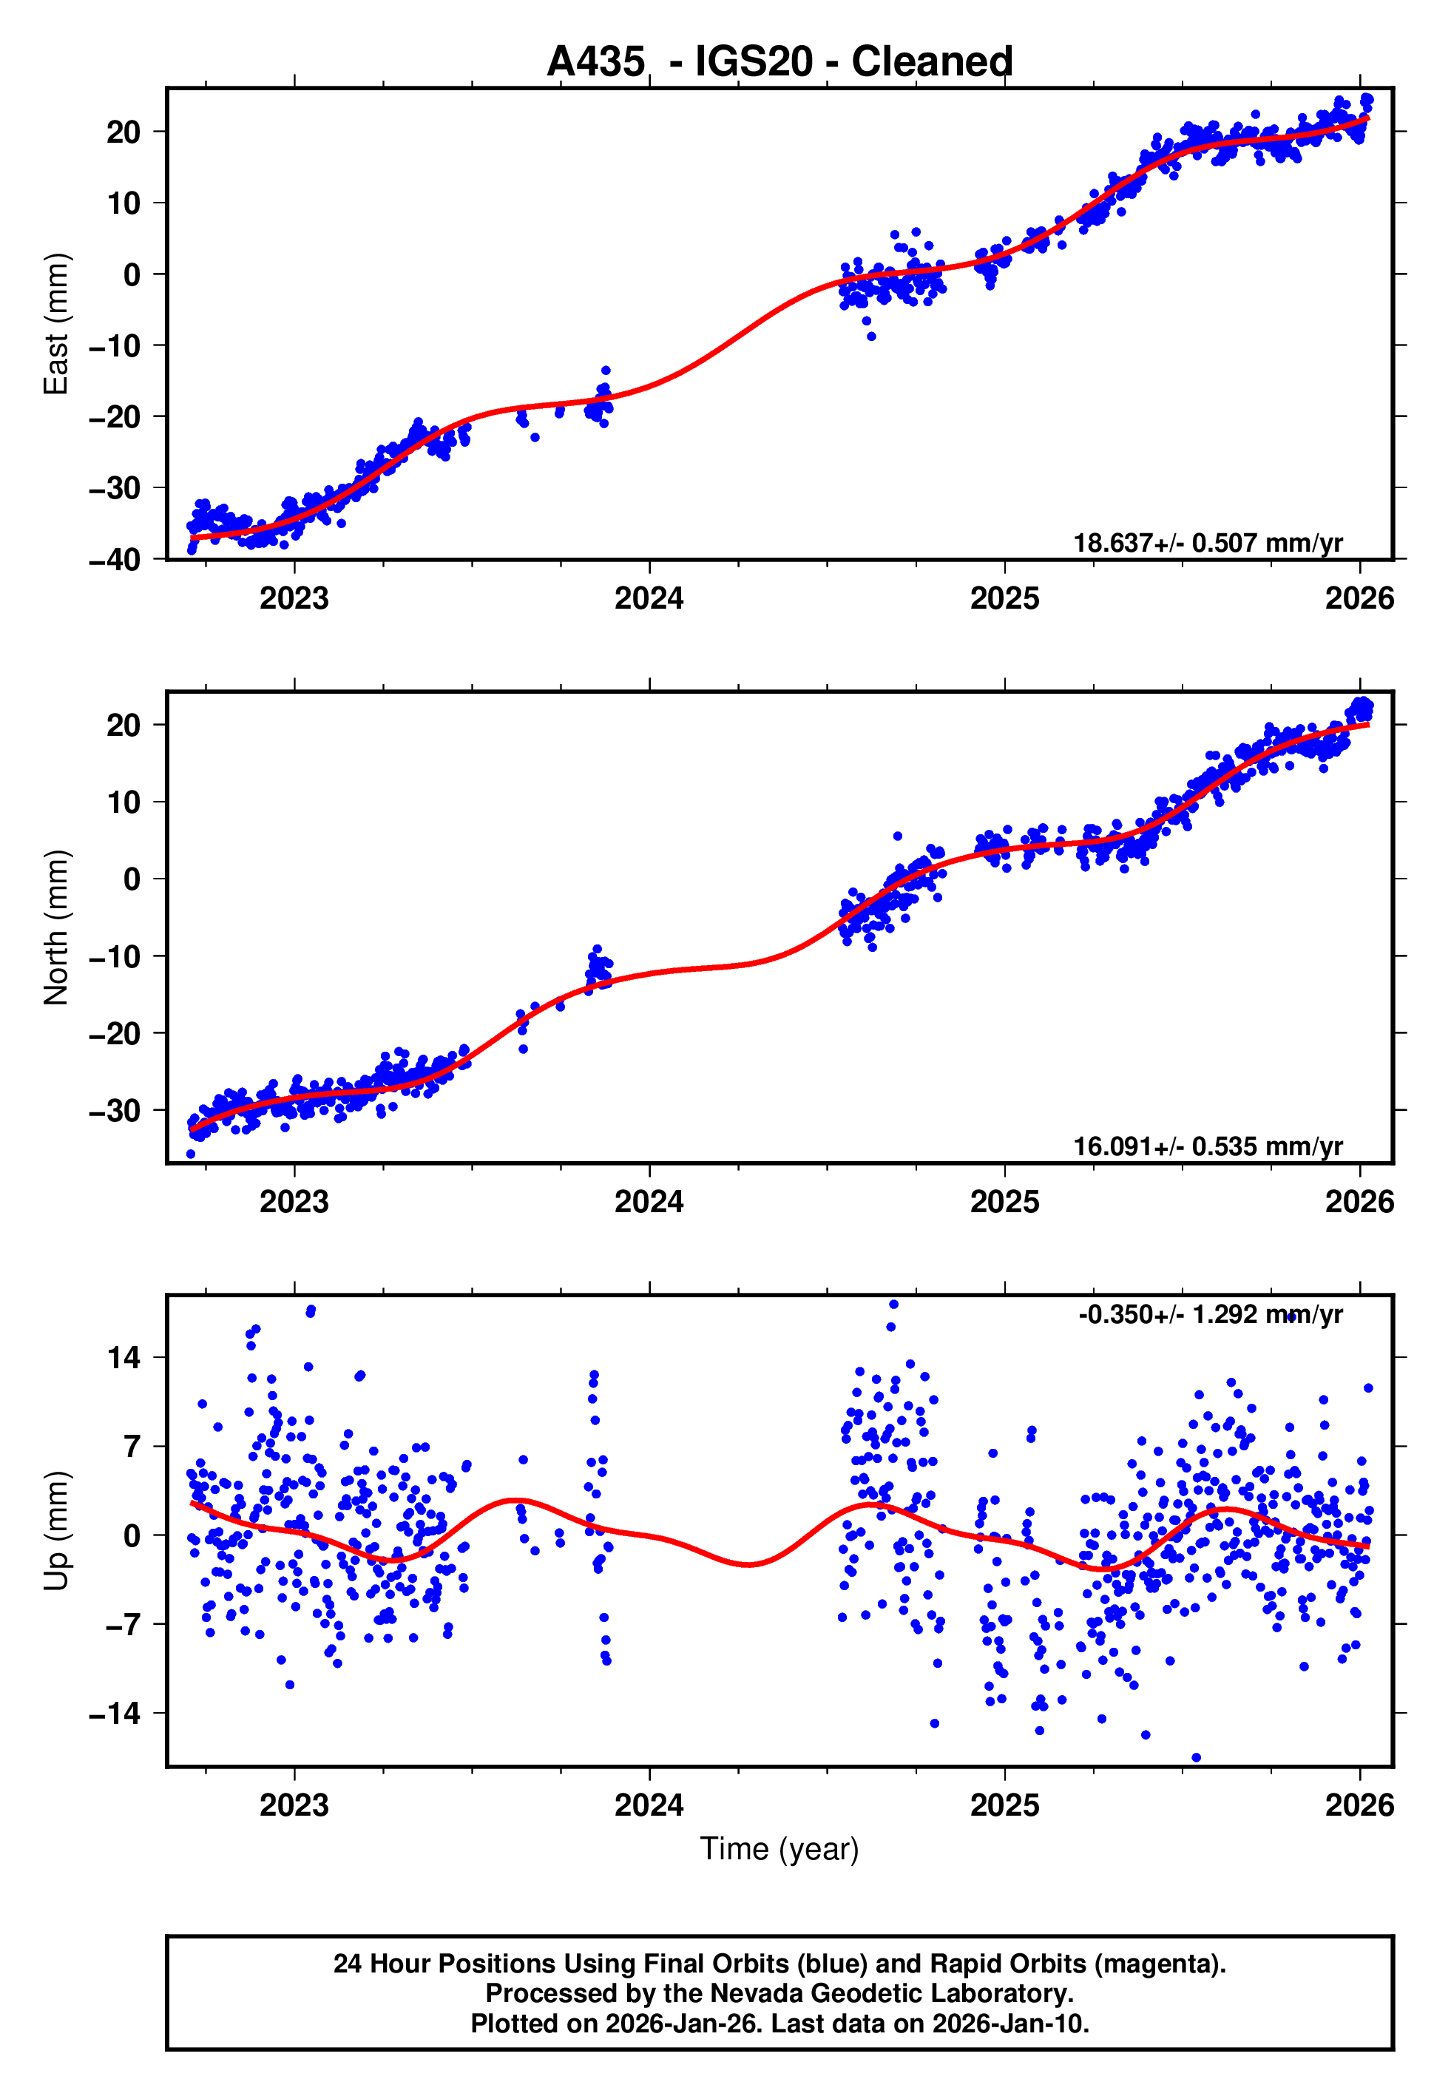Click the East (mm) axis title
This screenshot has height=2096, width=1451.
coord(56,324)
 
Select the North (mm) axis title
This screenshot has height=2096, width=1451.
coord(56,927)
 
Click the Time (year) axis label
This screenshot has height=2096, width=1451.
coord(779,1849)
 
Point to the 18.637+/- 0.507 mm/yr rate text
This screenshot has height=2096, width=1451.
coord(1208,543)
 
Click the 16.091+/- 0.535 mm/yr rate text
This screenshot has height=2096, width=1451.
coord(1208,1146)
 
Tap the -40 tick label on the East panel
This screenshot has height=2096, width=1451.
coord(115,560)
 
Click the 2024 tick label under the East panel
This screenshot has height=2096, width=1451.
coord(649,599)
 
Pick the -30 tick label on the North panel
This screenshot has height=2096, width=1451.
coord(115,1111)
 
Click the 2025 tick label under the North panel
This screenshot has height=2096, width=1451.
coord(1004,1203)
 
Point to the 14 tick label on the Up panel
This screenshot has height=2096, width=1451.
coord(124,1358)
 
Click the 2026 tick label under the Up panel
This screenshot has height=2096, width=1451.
coord(1359,1805)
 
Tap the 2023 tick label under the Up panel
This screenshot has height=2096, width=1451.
coord(294,1805)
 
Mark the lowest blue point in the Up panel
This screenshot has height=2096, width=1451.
coord(1196,1758)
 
